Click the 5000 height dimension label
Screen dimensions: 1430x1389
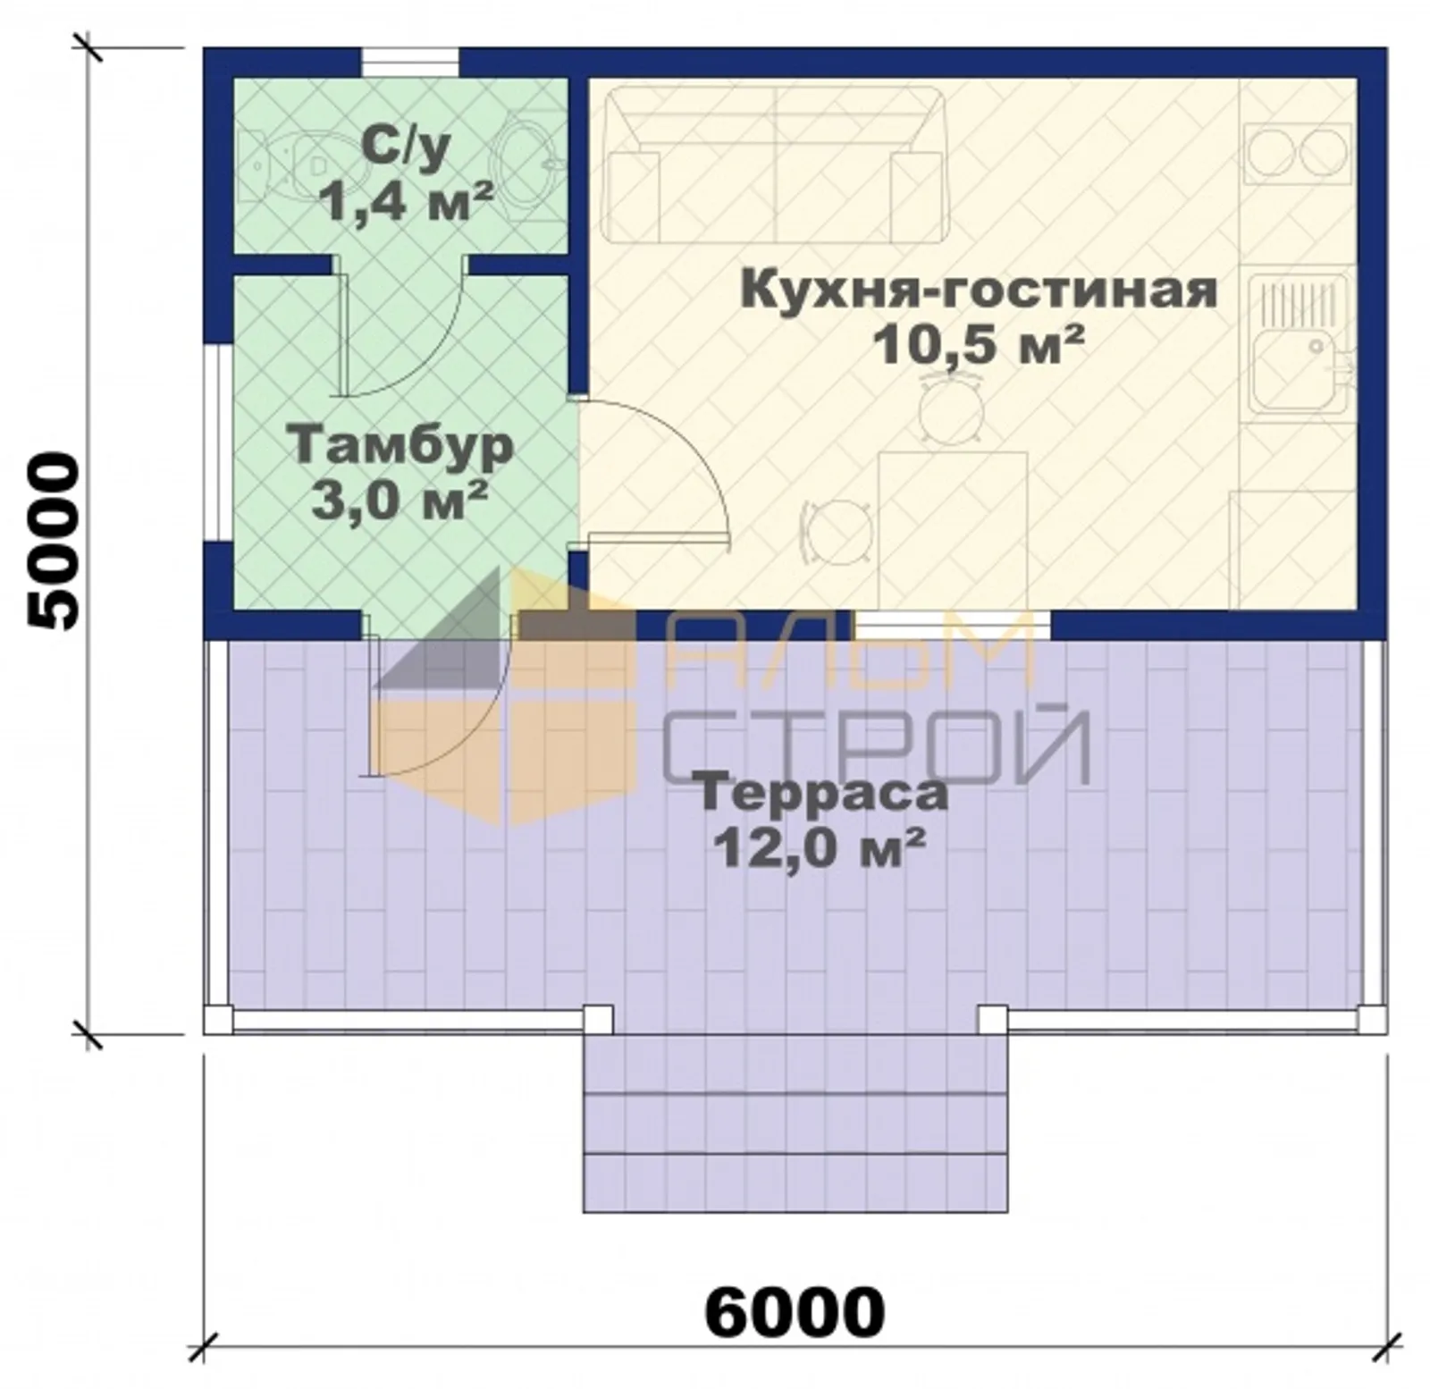[x=53, y=541]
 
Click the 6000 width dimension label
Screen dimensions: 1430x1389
[x=795, y=1311]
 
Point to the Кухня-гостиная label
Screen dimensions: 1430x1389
[x=979, y=290]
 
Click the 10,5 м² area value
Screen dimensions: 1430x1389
[x=979, y=344]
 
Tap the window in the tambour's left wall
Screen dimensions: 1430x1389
[x=219, y=442]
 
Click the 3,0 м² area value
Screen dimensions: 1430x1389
[x=400, y=501]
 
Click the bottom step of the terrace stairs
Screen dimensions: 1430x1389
[x=795, y=1183]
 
